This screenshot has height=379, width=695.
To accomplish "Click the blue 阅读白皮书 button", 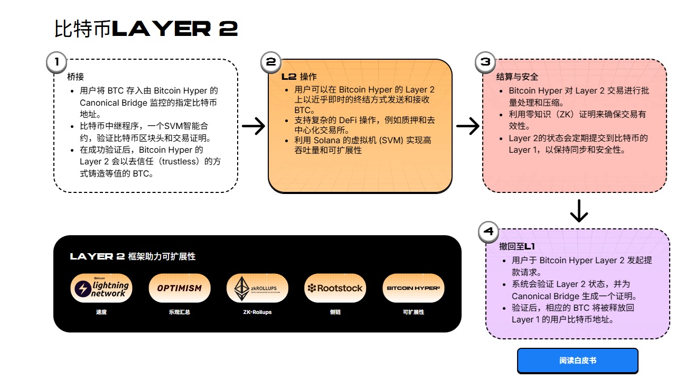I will tap(577, 360).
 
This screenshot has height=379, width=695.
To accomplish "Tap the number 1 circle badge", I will tap(57, 62).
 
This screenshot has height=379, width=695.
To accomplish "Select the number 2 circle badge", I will tap(271, 62).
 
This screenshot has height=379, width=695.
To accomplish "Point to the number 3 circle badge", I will tap(485, 62).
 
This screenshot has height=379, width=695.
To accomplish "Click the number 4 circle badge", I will tap(489, 232).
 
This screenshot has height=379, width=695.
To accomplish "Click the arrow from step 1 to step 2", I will tap(253, 126).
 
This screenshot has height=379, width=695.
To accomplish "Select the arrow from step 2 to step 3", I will tap(467, 126).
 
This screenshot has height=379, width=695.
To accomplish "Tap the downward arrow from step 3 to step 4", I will tap(579, 211).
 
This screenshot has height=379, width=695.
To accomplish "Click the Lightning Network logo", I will tap(100, 288).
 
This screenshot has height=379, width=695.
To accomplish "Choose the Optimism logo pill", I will tap(179, 288).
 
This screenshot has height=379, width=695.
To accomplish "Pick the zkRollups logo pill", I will tap(257, 288).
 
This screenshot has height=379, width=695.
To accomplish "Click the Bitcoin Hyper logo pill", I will tap(413, 288).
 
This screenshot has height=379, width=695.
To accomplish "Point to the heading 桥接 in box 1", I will tap(76, 77).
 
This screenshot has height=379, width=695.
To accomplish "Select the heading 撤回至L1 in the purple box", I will tap(517, 247).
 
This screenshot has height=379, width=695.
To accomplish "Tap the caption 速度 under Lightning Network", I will tap(101, 312).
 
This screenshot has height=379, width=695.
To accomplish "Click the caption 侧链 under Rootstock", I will tap(335, 312).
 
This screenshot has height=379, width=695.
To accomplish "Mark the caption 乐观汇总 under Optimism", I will tap(179, 312).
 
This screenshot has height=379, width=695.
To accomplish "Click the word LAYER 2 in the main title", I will tap(175, 29).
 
